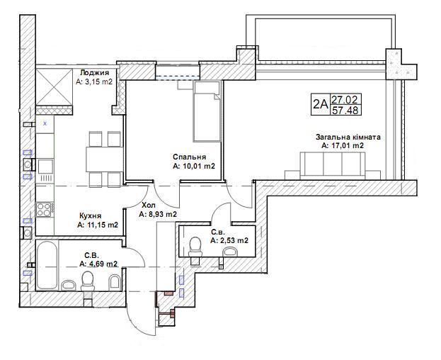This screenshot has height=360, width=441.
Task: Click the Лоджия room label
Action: click(95, 73)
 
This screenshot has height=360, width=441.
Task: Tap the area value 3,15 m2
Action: click(94, 82)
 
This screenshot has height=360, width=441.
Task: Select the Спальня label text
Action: click(190, 157)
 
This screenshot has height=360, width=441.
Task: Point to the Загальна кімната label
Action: click(348, 137)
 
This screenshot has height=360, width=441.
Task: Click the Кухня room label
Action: click(91, 216)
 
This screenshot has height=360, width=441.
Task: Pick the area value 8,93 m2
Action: click(158, 214)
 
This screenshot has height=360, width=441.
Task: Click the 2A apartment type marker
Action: click(321, 104)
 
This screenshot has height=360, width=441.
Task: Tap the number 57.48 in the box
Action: click(345, 110)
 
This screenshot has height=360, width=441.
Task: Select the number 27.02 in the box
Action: click(345, 99)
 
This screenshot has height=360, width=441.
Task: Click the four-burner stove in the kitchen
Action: click(44, 210)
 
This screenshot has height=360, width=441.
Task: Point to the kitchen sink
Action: click(45, 166)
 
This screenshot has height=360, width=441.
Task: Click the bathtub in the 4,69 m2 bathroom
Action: click(47, 264)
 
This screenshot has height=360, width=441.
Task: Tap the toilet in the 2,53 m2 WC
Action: click(195, 248)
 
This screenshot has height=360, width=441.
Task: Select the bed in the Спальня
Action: click(207, 111)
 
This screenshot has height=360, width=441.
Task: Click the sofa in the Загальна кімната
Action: click(333, 166)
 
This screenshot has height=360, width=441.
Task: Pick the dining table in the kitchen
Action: click(104, 159)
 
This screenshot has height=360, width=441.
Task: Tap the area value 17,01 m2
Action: click(343, 146)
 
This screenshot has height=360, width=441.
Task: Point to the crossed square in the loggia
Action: click(55, 86)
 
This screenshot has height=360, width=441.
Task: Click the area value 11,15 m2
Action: click(97, 225)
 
